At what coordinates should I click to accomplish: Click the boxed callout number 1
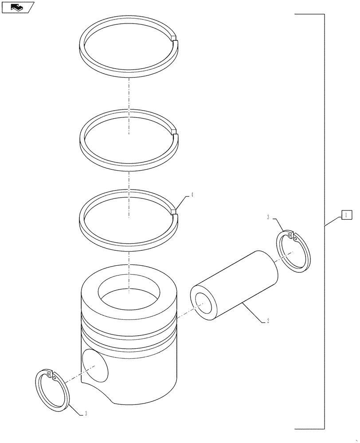tap(346, 215)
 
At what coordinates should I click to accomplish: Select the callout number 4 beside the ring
tap(192, 194)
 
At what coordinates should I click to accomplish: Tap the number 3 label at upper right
tap(268, 217)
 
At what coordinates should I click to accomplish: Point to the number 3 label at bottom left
tap(86, 413)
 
